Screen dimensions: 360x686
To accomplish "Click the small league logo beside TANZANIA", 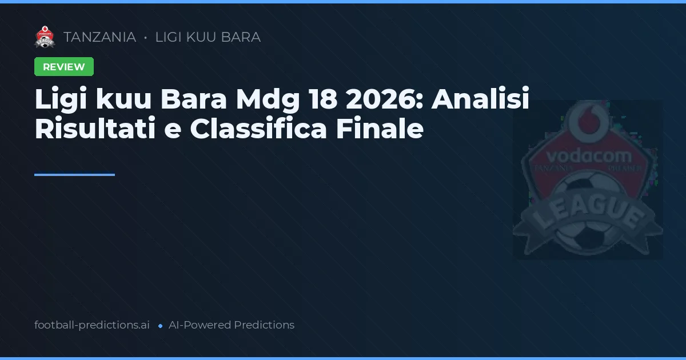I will point(45,37).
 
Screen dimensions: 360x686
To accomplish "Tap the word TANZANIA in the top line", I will point(100,37).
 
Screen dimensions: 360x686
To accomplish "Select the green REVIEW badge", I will point(64,67).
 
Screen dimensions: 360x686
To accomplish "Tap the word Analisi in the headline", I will point(481,100).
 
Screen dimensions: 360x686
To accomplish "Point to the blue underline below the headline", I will point(74,175).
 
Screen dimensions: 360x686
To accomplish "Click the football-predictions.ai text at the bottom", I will point(92,325).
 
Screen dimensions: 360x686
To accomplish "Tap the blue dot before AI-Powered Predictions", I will point(160,326).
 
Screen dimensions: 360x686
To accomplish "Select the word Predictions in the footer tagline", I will point(264,325).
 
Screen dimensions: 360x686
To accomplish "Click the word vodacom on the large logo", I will point(589,155).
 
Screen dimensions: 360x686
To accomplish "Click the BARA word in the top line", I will point(241,37).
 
